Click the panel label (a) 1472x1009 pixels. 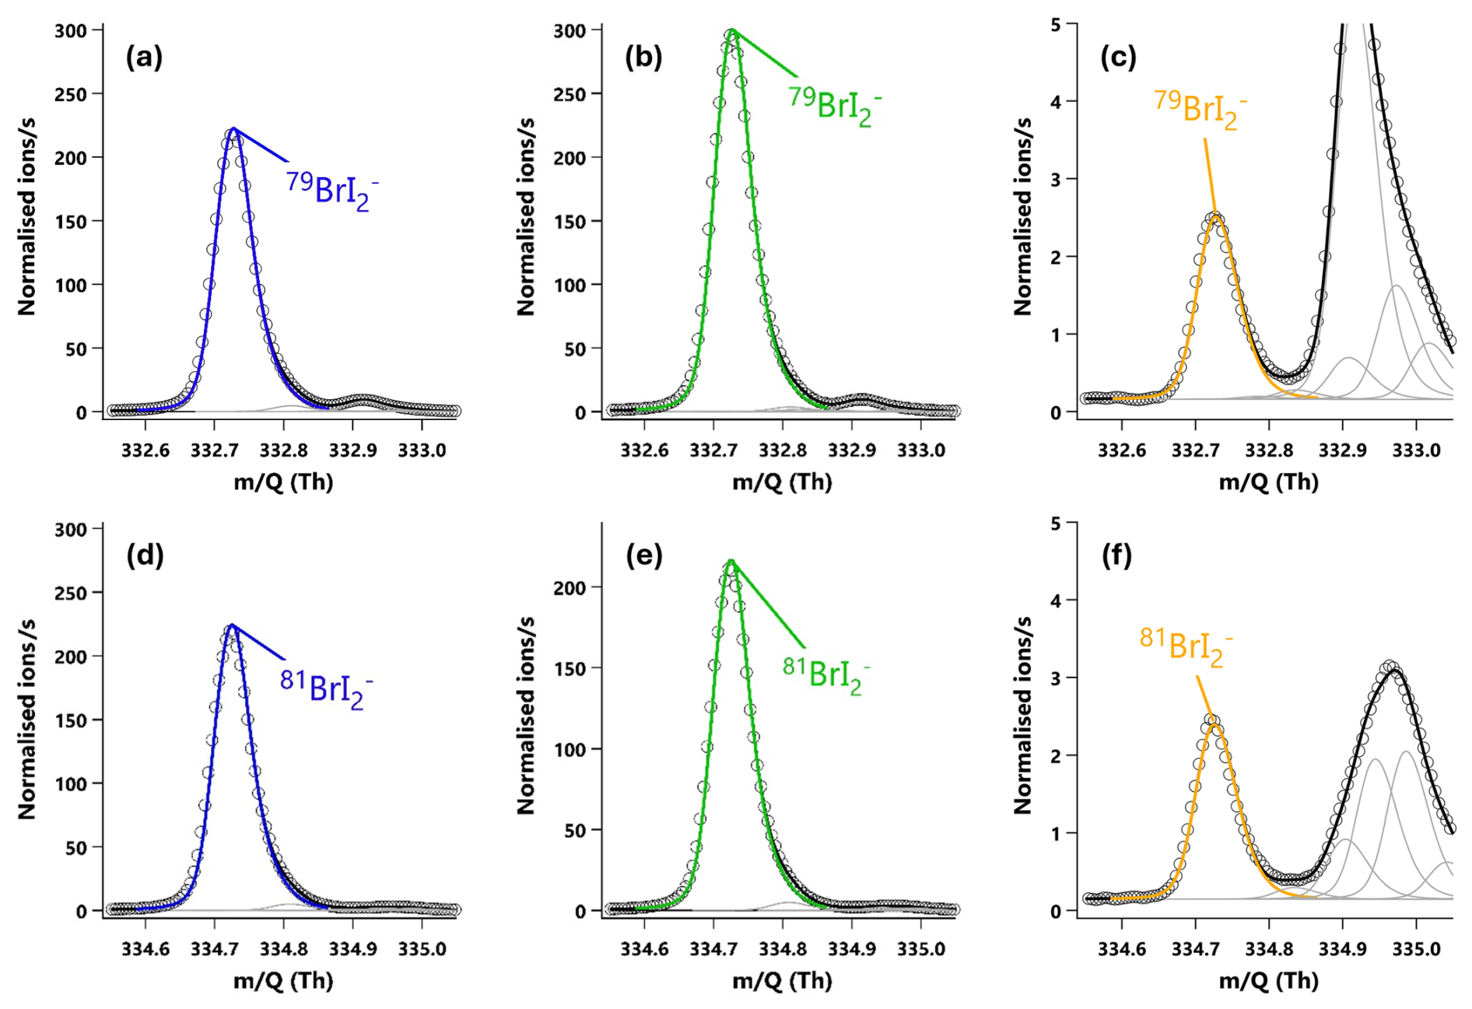pos(144,57)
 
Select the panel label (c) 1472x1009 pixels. pos(1118,57)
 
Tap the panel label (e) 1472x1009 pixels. pos(643,555)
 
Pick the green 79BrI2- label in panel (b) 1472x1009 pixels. pos(835,105)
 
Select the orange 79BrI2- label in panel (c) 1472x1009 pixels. pos(1200,110)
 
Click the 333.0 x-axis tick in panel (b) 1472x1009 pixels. pos(921,450)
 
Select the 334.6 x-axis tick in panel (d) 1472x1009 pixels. pos(145,949)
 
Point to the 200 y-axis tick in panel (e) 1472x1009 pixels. pos(570,587)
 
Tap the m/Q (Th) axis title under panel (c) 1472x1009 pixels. pos(1268,482)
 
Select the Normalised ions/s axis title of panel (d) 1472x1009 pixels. pos(27,720)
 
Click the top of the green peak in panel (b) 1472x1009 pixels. pos(731,31)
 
